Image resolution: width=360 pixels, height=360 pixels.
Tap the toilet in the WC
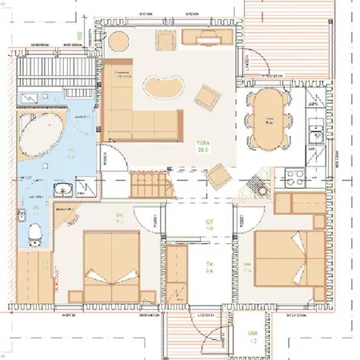(34, 233)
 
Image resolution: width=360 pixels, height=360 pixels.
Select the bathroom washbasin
(64, 190)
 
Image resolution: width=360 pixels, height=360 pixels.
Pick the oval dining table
(269, 118)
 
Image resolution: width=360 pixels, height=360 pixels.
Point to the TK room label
(210, 266)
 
